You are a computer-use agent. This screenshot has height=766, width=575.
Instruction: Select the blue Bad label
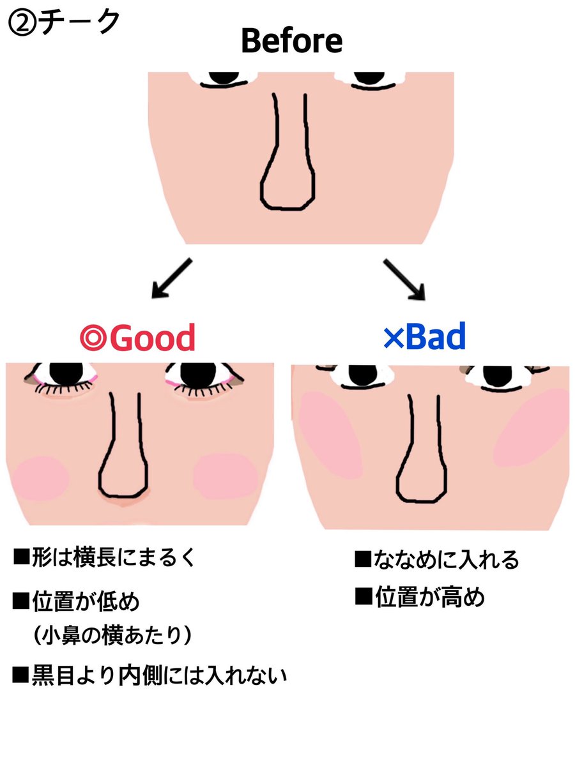[424, 336]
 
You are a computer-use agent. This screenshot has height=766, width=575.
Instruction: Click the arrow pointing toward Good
[171, 277]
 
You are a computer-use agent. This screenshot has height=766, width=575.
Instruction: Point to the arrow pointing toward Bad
[404, 278]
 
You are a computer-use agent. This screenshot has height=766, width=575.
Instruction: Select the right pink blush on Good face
[226, 475]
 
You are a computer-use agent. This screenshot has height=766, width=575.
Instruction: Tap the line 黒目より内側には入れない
[150, 675]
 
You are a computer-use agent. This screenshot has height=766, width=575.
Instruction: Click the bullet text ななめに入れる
[438, 560]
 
